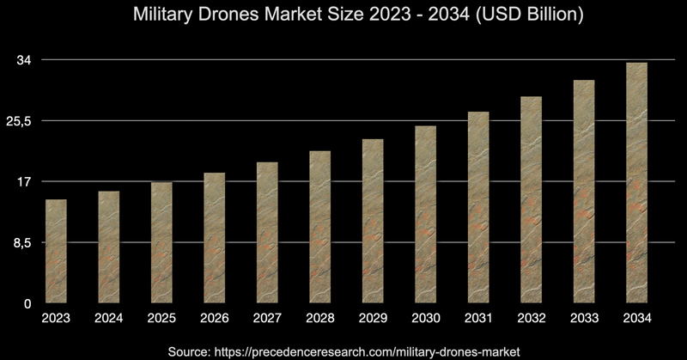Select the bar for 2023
tap(57, 251)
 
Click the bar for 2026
tap(214, 238)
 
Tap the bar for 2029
tap(373, 221)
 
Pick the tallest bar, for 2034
tap(636, 182)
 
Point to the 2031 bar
tap(478, 207)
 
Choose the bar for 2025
tap(161, 242)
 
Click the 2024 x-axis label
tap(109, 320)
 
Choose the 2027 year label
tap(267, 320)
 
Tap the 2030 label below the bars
tap(425, 320)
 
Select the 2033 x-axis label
tap(584, 320)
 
